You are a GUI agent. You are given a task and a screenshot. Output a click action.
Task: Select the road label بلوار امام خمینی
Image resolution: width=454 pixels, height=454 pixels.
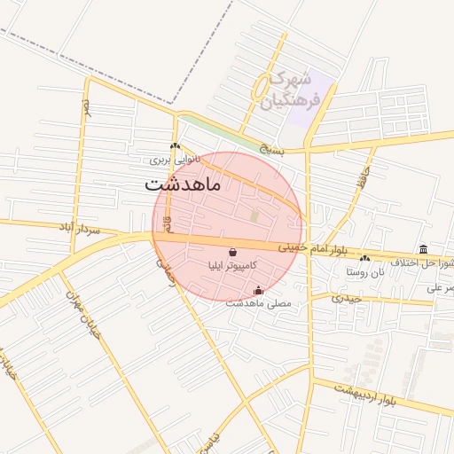tap(312, 249)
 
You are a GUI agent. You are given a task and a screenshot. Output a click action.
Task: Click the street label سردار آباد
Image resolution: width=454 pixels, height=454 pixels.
tap(103, 229)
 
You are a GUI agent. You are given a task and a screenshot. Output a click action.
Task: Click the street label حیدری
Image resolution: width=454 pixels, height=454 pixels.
tap(347, 298)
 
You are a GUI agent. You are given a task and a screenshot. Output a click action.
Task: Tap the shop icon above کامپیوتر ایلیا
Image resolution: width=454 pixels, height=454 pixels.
tap(232, 252)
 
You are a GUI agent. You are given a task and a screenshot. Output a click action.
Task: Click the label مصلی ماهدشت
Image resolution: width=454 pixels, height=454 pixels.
tap(258, 303)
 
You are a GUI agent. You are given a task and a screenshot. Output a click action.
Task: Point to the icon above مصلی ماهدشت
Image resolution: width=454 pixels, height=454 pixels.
tap(258, 290)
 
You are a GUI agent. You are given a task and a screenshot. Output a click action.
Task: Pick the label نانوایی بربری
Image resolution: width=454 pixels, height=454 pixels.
tap(175, 160)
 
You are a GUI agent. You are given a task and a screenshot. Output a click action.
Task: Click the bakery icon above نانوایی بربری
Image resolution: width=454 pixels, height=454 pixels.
tap(175, 147)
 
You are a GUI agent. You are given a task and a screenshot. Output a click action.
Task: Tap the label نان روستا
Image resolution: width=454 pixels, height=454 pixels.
tap(366, 271)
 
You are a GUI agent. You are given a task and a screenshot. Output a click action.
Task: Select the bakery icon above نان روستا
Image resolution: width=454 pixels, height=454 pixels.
tap(365, 258)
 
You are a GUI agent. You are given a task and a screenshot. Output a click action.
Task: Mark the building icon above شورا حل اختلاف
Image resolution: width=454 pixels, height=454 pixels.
tap(423, 249)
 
